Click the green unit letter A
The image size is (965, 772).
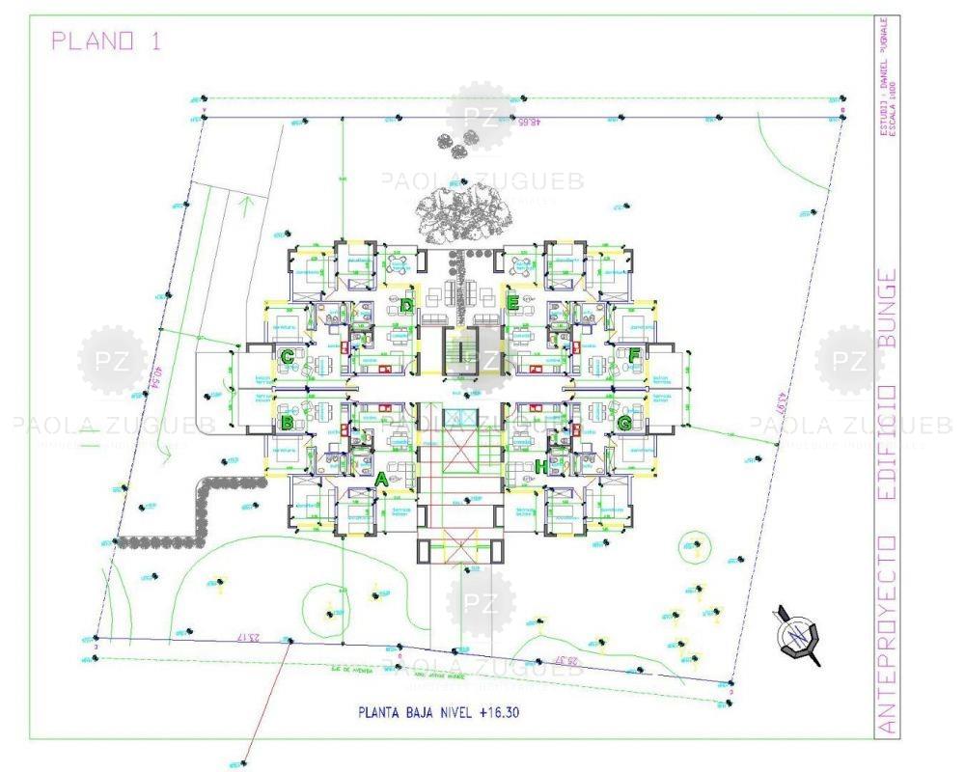click(381, 478)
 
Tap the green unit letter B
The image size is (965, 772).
click(287, 422)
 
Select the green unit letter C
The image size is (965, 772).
click(288, 357)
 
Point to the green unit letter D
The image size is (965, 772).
click(407, 306)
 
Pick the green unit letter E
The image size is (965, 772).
click(513, 302)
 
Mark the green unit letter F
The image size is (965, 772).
click(634, 356)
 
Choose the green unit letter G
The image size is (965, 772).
click(624, 422)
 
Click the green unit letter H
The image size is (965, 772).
click(541, 467)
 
